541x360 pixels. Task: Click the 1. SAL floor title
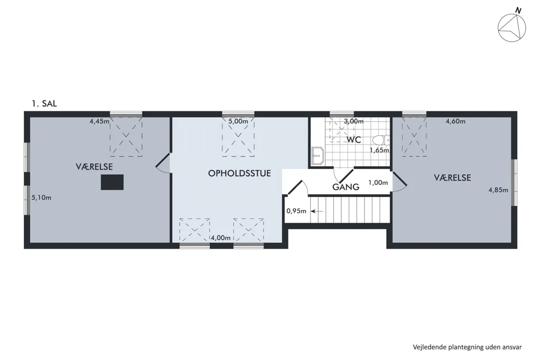pos(44,103)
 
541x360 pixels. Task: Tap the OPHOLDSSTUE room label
pos(239,173)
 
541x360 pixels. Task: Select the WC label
pos(353,140)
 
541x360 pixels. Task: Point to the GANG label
pos(346,187)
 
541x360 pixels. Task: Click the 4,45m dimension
pos(99,121)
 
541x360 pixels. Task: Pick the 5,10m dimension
pos(41,198)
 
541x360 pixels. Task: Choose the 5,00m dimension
pos(238,121)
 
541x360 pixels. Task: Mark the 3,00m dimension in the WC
pos(353,121)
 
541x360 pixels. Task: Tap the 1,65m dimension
pos(379,150)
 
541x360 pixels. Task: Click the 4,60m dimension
pos(455,121)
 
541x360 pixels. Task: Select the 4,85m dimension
pos(498,190)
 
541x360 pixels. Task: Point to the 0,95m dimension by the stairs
pos(296,211)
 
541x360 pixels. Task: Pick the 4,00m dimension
pos(221,238)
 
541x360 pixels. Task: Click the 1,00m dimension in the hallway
pos(378,183)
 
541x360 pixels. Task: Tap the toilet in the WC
pos(380,140)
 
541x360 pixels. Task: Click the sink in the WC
pos(318,156)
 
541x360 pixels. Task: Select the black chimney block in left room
pos(112,182)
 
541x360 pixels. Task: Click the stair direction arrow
pos(317,211)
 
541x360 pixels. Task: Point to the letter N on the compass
pos(518,11)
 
